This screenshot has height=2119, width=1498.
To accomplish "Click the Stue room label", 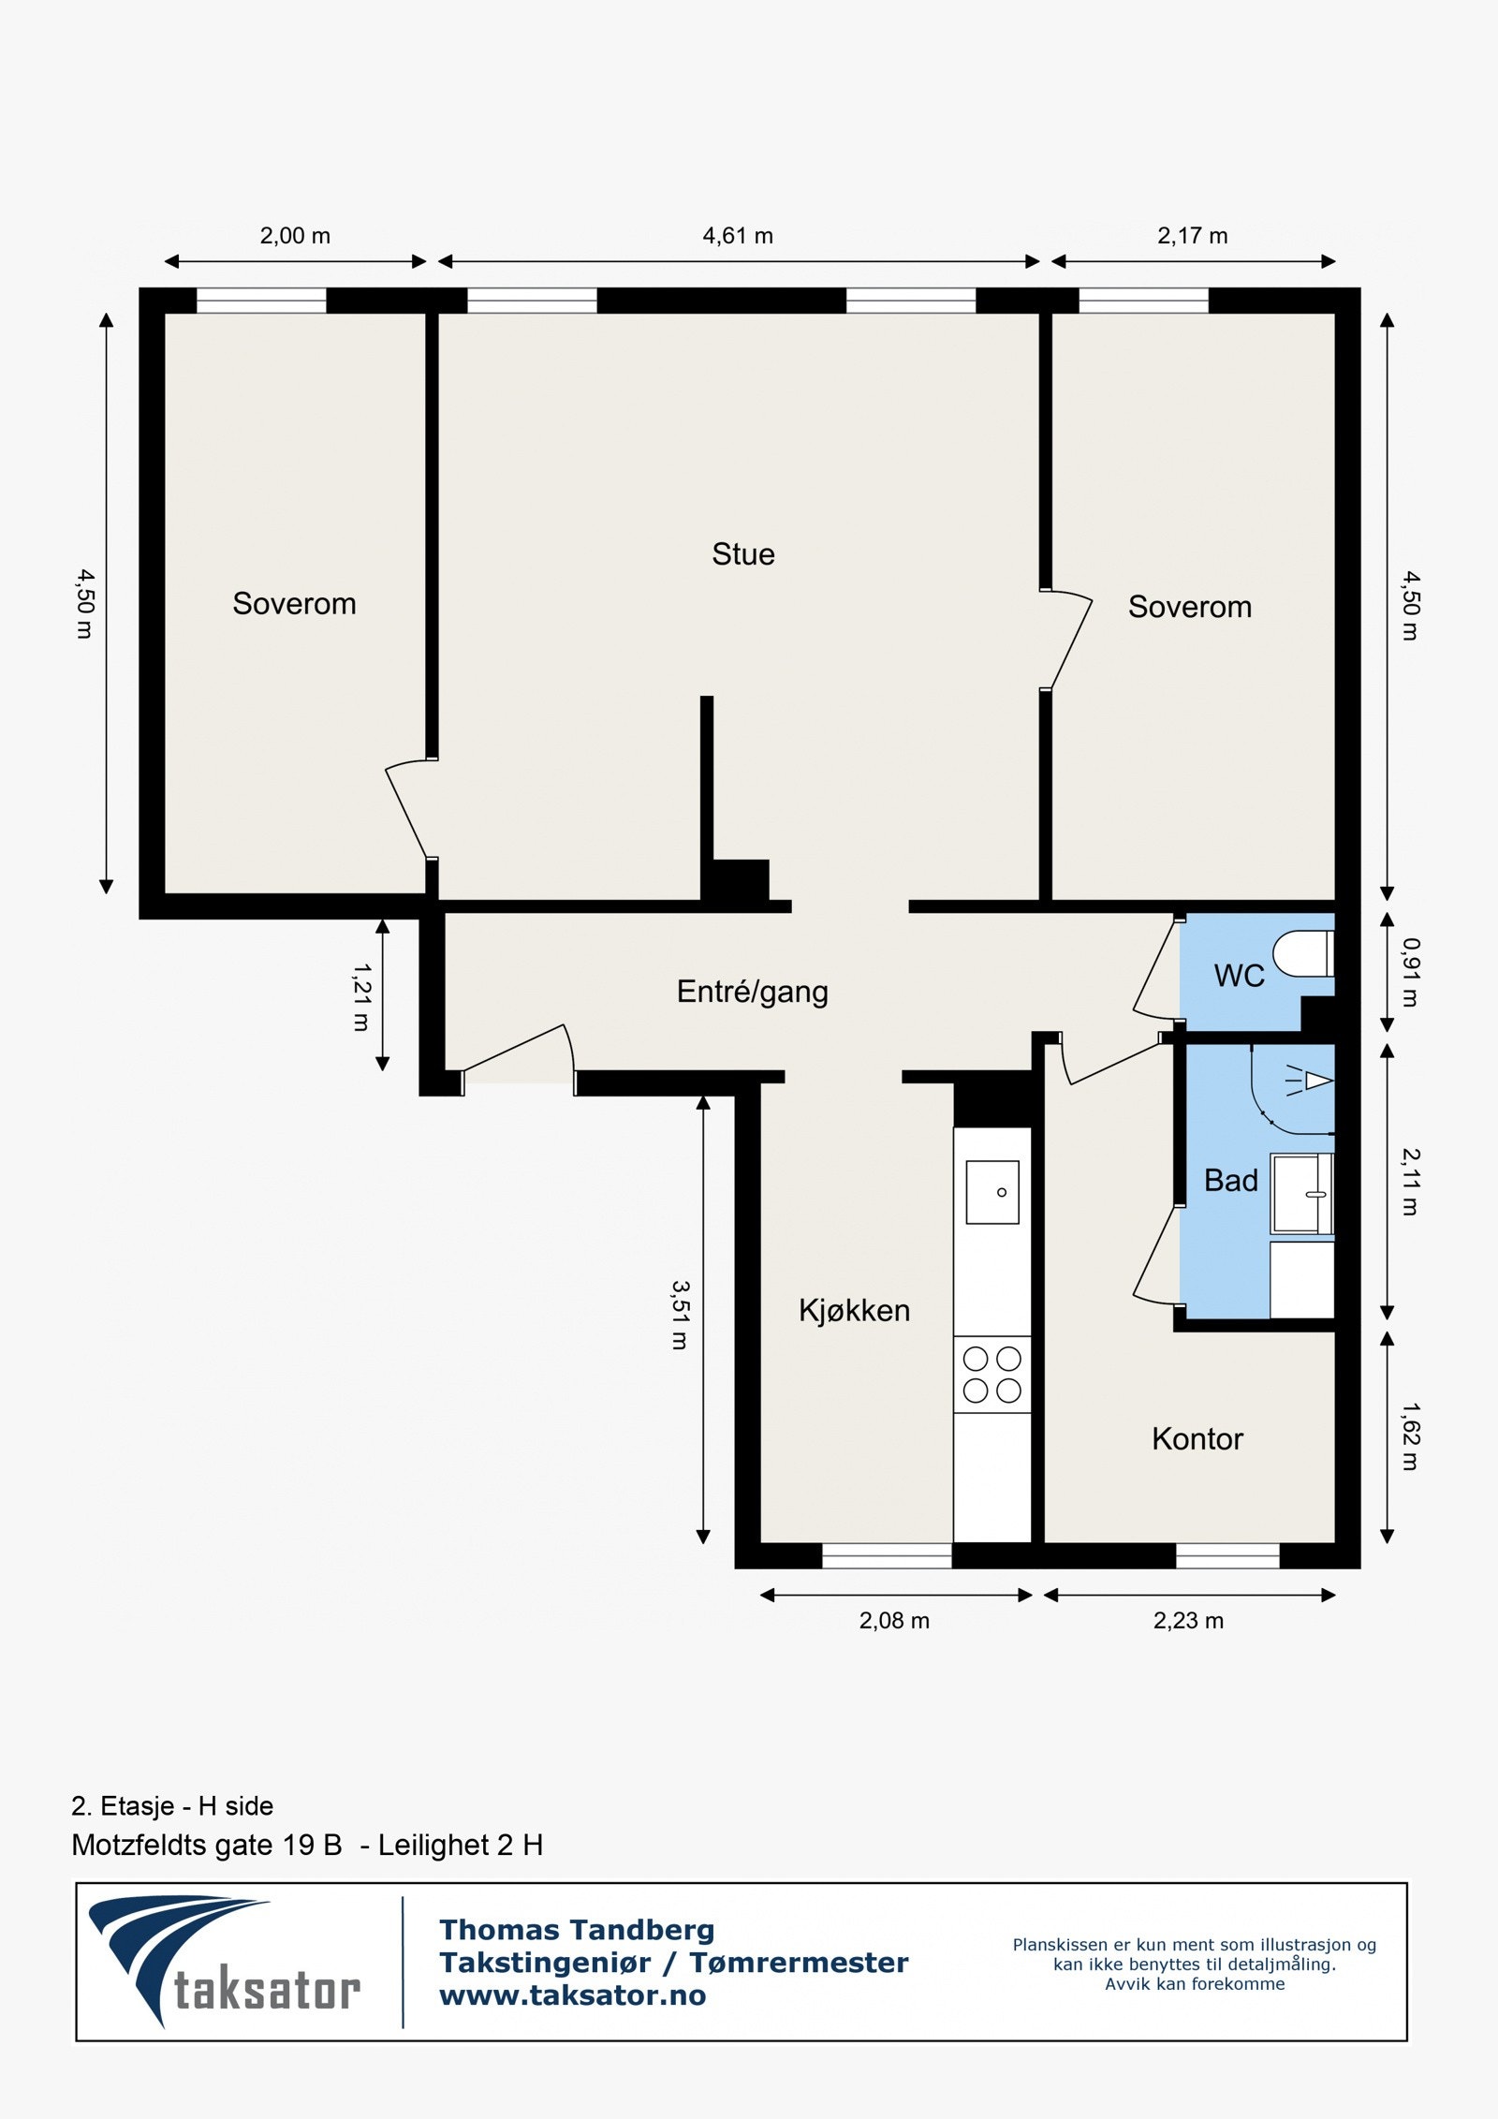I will [742, 554].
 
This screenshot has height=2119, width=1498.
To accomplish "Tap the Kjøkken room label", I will [854, 1310].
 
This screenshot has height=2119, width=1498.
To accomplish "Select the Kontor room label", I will [1197, 1438].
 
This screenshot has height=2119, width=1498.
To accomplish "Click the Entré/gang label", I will [752, 992].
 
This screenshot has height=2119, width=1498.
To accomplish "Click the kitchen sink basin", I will [991, 1192].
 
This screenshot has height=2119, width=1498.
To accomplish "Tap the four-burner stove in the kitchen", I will [991, 1374].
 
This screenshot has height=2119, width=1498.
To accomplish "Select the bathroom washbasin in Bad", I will [1300, 1194].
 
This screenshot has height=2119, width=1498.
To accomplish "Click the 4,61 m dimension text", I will [738, 236].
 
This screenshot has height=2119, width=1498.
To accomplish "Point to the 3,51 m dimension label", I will [680, 1315].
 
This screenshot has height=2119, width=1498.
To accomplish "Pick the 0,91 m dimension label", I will [1410, 972].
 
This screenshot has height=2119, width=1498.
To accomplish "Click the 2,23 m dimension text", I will [1187, 1621].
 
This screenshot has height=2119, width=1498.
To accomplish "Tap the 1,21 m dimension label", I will [361, 997].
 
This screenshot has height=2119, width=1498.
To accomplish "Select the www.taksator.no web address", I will [572, 1995].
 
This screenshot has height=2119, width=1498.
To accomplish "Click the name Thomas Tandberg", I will [577, 1930].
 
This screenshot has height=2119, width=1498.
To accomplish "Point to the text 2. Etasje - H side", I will [172, 1806].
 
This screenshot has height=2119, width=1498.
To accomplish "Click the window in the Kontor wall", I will [1226, 1555].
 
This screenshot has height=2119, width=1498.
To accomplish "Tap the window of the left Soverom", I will [261, 301].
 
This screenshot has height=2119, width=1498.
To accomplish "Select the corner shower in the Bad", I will [1297, 1086].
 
